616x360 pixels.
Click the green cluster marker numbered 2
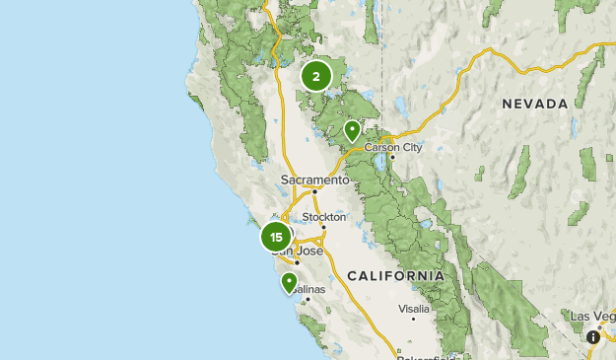(x=315, y=76)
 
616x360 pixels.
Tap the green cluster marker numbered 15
(x=276, y=237)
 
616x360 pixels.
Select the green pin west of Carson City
(x=352, y=129)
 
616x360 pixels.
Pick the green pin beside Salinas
(x=290, y=282)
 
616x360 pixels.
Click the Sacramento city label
(x=314, y=180)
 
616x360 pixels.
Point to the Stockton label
(x=324, y=217)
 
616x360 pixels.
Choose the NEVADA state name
(x=534, y=104)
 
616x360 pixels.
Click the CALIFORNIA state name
(x=394, y=275)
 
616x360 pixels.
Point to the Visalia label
(x=413, y=309)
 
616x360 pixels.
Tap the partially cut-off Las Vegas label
(x=592, y=316)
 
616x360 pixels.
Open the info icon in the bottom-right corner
(x=593, y=337)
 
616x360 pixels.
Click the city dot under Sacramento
(x=314, y=191)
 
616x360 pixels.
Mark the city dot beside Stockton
(x=323, y=227)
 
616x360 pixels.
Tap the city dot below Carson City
(x=392, y=157)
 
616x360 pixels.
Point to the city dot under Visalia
(x=413, y=319)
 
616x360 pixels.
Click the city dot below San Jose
(x=297, y=262)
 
